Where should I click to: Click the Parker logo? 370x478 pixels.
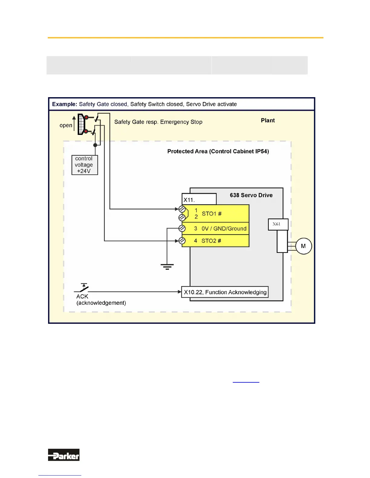pyautogui.click(x=63, y=455)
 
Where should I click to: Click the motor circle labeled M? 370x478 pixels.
pyautogui.click(x=303, y=246)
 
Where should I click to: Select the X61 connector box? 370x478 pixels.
pyautogui.click(x=278, y=224)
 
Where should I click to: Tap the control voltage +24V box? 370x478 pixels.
pyautogui.click(x=84, y=165)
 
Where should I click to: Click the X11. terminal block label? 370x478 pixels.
pyautogui.click(x=190, y=200)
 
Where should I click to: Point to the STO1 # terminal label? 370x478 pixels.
pyautogui.click(x=212, y=214)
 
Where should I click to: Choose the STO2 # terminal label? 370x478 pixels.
pyautogui.click(x=211, y=241)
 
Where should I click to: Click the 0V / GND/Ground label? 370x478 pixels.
pyautogui.click(x=224, y=228)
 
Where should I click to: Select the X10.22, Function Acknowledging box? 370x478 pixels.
pyautogui.click(x=225, y=292)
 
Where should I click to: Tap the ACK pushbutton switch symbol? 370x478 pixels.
pyautogui.click(x=83, y=288)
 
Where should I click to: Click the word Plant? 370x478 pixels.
pyautogui.click(x=268, y=120)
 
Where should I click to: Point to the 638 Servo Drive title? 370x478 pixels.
pyautogui.click(x=251, y=195)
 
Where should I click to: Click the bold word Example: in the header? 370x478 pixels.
pyautogui.click(x=65, y=104)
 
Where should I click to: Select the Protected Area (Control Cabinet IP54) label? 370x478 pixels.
pyautogui.click(x=218, y=151)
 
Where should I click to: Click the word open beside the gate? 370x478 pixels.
pyautogui.click(x=66, y=125)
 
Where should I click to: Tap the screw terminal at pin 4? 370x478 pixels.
pyautogui.click(x=182, y=241)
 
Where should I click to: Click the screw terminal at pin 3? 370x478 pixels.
pyautogui.click(x=182, y=228)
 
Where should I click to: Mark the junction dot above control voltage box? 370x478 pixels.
pyautogui.click(x=95, y=145)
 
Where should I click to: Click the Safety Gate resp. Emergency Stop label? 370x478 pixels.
pyautogui.click(x=158, y=122)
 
